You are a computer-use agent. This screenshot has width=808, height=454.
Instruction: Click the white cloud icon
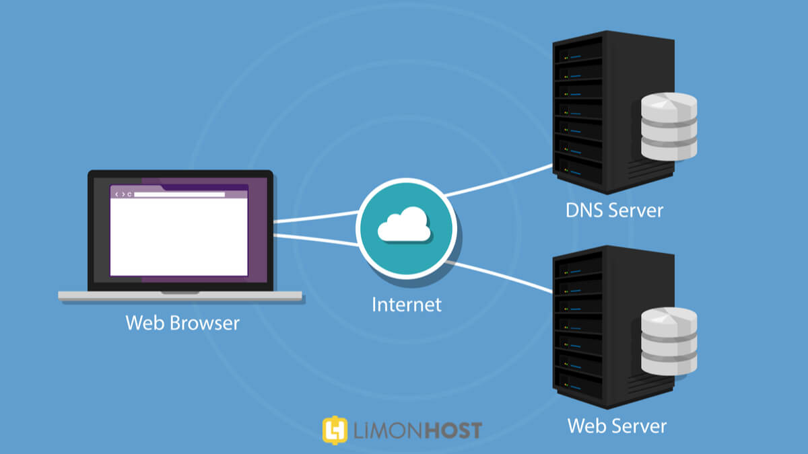click(x=404, y=224)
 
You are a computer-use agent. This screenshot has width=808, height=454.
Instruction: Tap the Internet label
click(x=407, y=305)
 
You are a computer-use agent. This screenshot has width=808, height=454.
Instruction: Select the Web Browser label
click(x=182, y=323)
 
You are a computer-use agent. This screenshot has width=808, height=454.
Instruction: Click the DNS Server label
click(x=614, y=211)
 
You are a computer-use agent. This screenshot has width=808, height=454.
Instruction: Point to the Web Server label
click(x=617, y=426)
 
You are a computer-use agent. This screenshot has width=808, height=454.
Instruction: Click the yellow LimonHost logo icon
click(x=335, y=430)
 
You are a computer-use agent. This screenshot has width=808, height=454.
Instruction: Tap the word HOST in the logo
click(x=452, y=430)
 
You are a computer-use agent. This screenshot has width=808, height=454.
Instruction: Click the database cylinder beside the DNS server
click(x=669, y=126)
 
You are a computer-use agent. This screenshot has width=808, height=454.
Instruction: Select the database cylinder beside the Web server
click(x=669, y=341)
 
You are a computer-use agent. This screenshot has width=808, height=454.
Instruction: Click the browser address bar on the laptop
click(x=179, y=194)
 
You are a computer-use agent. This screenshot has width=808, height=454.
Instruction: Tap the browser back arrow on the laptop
click(x=116, y=194)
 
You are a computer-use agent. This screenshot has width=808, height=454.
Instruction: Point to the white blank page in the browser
click(x=179, y=237)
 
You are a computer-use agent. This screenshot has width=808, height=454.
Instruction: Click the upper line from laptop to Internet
click(x=316, y=217)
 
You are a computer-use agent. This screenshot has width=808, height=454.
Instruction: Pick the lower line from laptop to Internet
click(x=316, y=240)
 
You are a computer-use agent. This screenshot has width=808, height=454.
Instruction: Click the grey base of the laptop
click(x=180, y=296)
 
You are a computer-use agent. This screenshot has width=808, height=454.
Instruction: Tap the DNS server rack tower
click(x=613, y=112)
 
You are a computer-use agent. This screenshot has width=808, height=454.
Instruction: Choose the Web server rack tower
click(x=613, y=327)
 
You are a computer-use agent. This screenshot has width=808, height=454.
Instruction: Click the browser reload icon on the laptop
click(x=129, y=194)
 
